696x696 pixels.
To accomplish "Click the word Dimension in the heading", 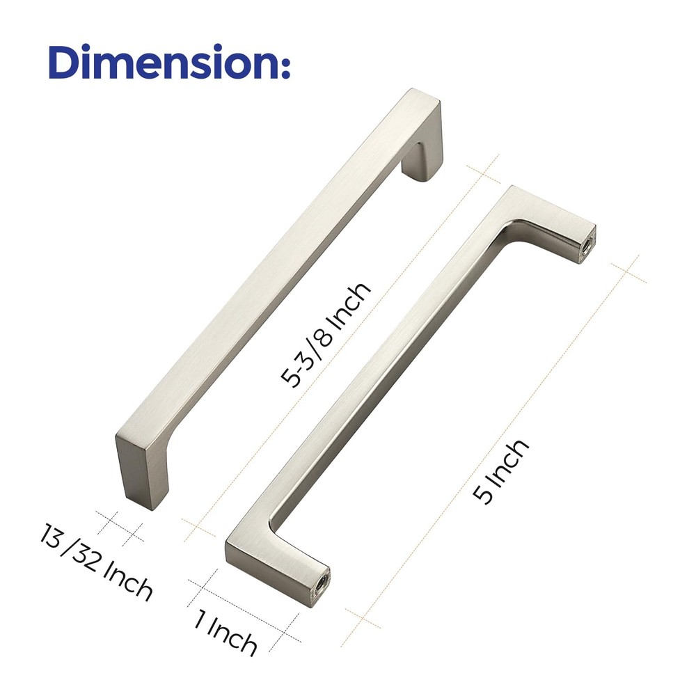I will click(160, 63).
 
